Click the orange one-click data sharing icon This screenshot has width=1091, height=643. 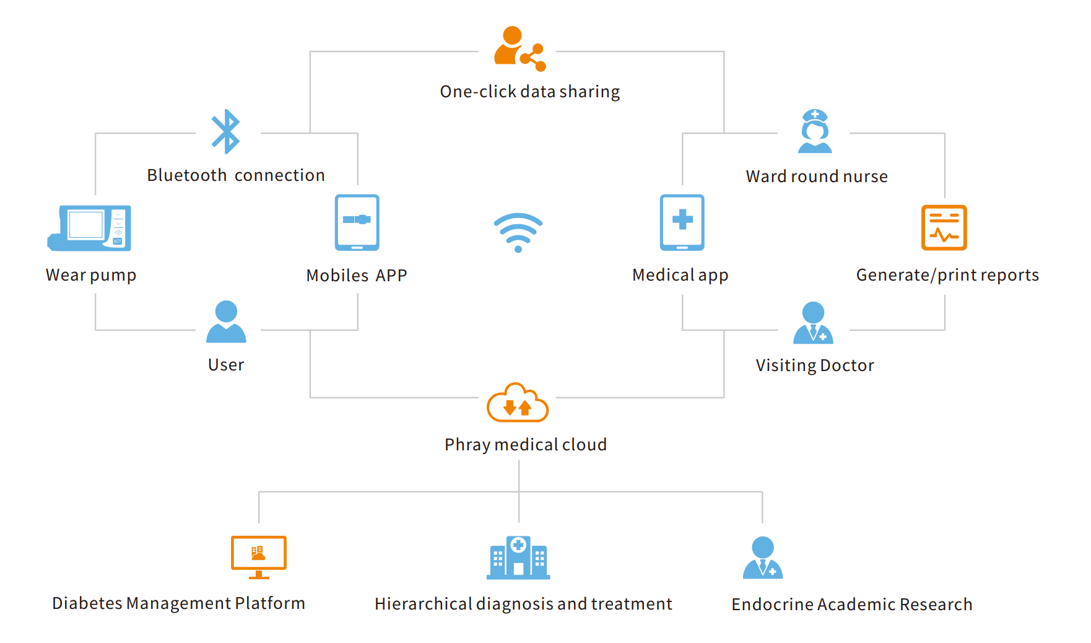pos(519,48)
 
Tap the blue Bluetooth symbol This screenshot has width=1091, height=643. pos(226,131)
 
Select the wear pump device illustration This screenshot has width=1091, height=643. pos(90,228)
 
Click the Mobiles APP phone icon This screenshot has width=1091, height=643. pos(357,222)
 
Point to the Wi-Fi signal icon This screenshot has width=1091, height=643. pos(518,232)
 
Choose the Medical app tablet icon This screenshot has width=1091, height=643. pos(682,222)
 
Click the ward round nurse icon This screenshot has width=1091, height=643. pos(815,131)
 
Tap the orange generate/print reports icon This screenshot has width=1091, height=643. pos(944,227)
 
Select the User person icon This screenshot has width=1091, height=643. pos(226,321)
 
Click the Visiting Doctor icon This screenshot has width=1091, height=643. pos(813,323)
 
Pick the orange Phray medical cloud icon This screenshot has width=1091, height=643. pos(518,403)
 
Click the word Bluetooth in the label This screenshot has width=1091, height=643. pos(187,175)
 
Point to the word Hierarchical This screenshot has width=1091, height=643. pos(423,604)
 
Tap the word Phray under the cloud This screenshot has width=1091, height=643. pos(467,445)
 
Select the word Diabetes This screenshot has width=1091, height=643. pos(87,603)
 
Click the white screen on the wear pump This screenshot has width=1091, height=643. pos(86,225)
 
